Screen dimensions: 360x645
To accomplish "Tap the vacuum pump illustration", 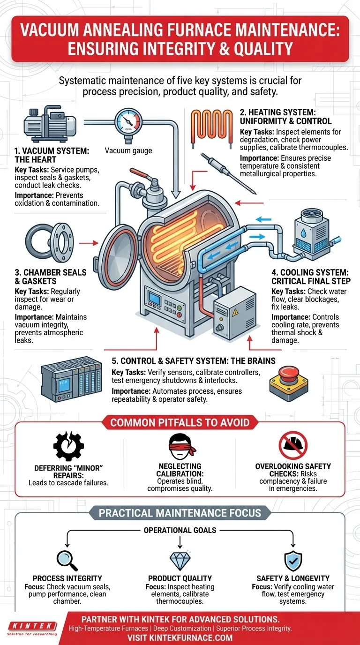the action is point(50,124).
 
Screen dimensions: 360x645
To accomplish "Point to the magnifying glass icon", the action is point(67,560).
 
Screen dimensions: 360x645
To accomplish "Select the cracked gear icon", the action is point(68,446).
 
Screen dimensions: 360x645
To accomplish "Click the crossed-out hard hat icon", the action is point(293,445).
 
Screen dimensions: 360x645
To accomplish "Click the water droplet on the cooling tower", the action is point(303,232).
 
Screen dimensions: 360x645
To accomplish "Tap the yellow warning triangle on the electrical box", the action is point(235,312).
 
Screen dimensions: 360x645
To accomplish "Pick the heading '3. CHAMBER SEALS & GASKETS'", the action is point(51,277).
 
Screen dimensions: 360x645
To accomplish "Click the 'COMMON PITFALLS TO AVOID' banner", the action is point(180,422).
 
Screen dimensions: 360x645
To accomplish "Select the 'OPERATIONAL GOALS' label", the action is point(180,530).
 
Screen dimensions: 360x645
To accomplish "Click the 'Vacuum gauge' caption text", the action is point(128,150).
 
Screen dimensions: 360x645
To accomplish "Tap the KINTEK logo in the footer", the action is point(32,628).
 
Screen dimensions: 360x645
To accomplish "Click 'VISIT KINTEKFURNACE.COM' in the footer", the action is point(180,637).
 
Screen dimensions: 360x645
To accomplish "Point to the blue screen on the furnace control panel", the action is point(154,299).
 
